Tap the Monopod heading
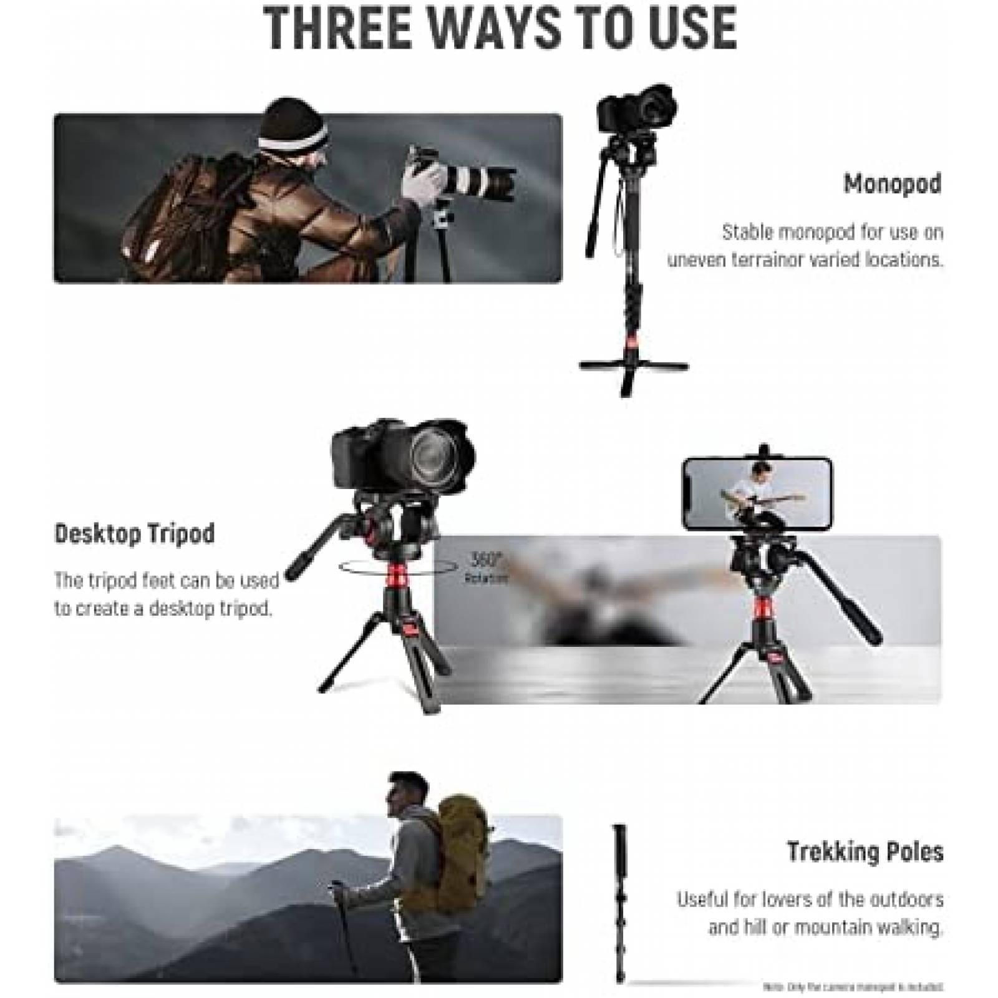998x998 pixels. click(892, 184)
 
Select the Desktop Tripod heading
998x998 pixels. click(135, 534)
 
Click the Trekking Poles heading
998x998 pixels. click(865, 851)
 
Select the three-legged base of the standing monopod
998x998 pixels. click(633, 368)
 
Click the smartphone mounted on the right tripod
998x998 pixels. click(757, 493)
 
